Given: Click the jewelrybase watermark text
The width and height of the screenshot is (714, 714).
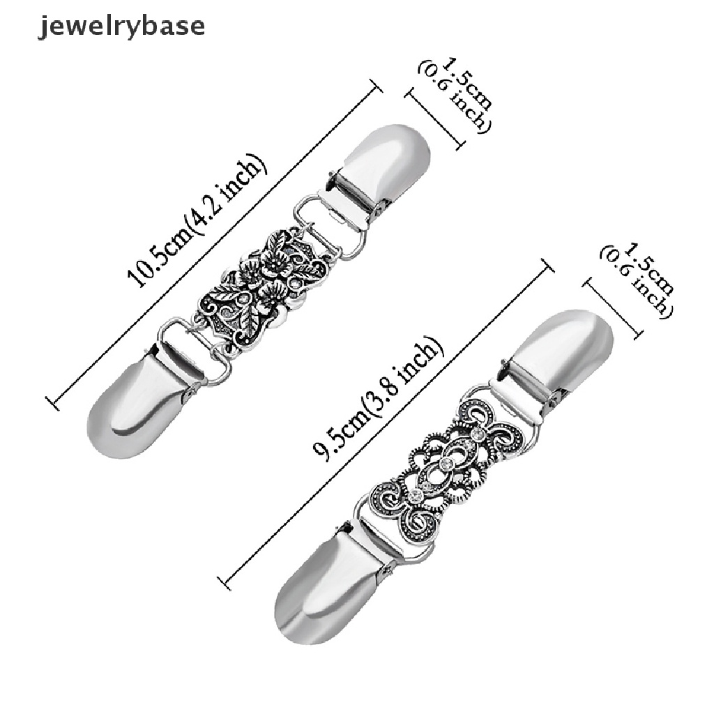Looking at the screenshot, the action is click(121, 26).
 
